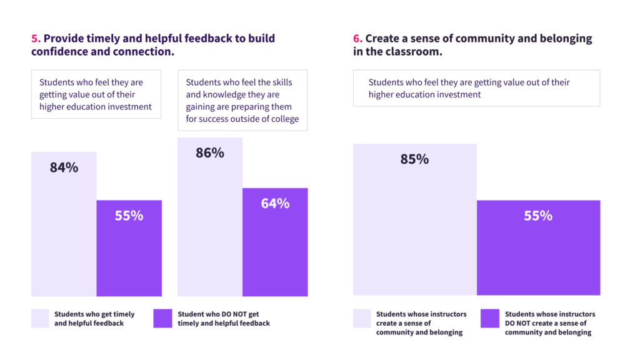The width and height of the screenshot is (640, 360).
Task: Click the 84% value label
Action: [x=64, y=167]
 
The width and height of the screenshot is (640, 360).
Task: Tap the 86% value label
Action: [x=209, y=152]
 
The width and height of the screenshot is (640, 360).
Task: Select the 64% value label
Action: [x=275, y=203]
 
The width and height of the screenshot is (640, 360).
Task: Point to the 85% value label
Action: [x=414, y=159]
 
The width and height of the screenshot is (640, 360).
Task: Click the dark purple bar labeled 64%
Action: [x=275, y=250]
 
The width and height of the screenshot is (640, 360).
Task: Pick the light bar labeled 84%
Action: [x=64, y=237]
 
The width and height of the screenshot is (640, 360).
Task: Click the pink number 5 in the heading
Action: [x=34, y=39]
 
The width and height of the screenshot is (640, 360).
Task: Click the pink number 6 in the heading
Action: [x=357, y=39]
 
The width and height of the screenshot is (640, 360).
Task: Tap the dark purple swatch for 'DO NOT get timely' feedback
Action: [x=162, y=319]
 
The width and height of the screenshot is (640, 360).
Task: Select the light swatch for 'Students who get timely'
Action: [x=40, y=319]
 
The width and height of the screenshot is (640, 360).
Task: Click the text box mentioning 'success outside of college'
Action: [x=242, y=101]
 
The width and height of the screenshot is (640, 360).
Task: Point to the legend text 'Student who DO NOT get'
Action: [x=218, y=314]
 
